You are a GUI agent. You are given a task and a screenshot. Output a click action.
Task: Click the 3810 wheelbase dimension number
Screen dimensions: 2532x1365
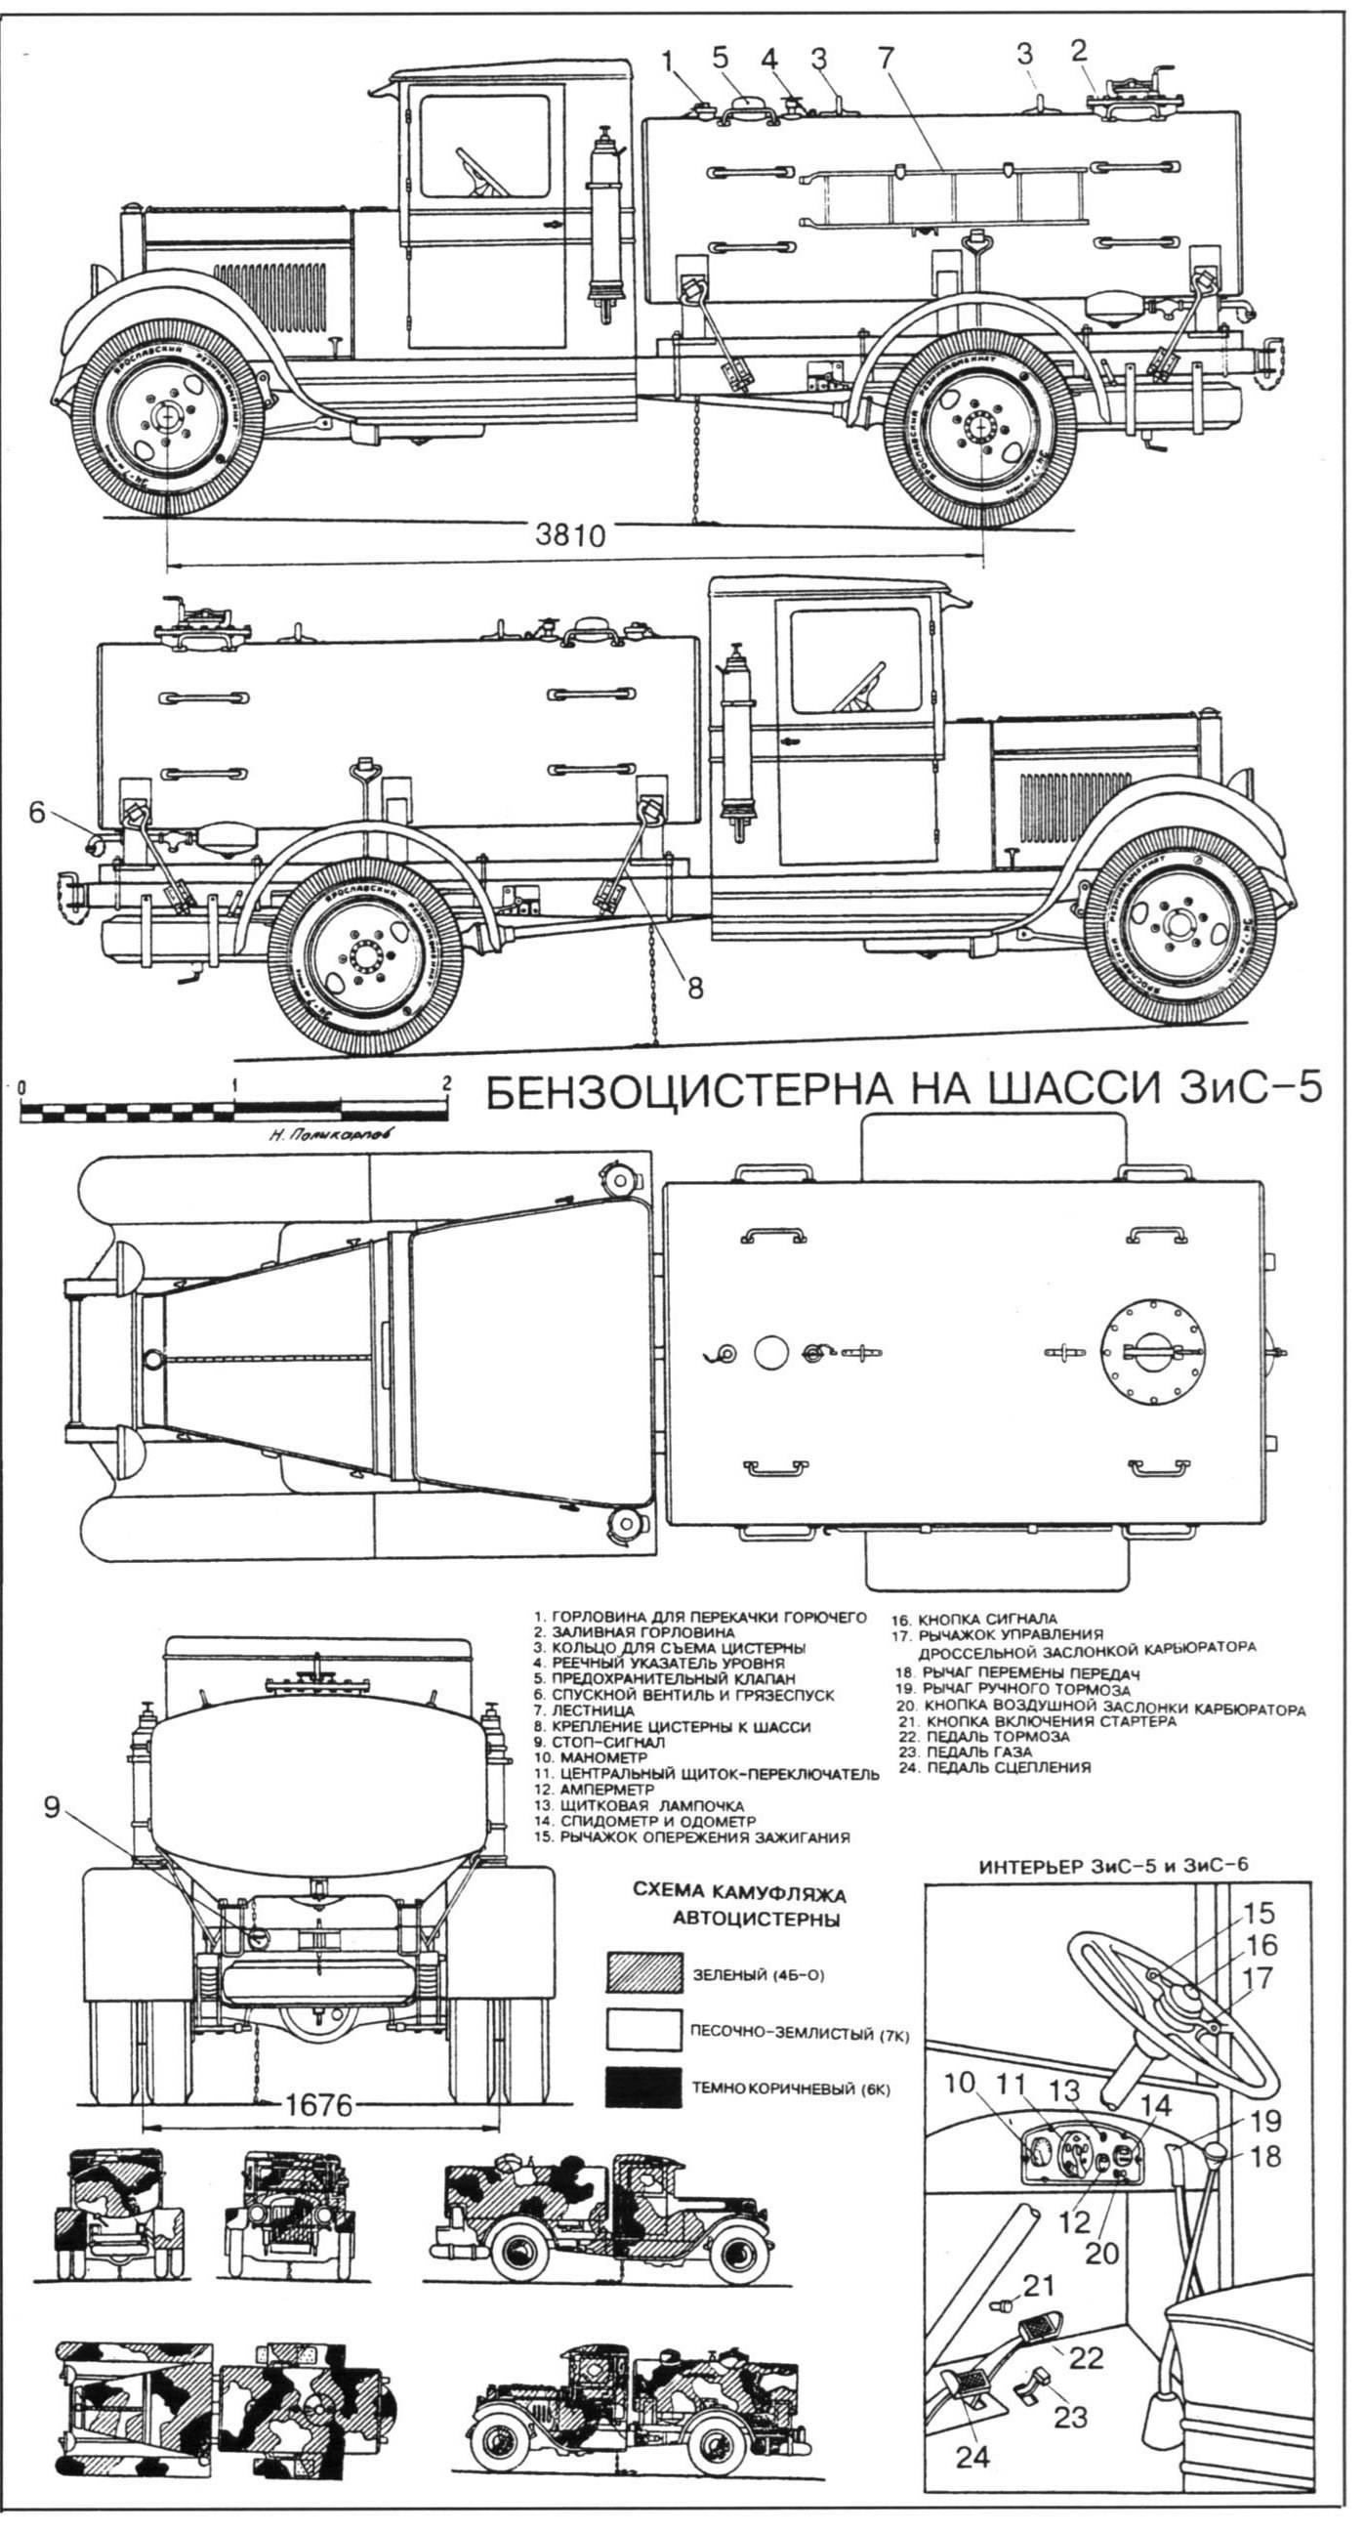point(570,536)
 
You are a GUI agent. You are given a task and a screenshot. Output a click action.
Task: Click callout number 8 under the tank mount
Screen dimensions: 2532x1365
point(694,988)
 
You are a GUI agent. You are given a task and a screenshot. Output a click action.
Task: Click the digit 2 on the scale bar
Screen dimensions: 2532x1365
point(447,1083)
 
